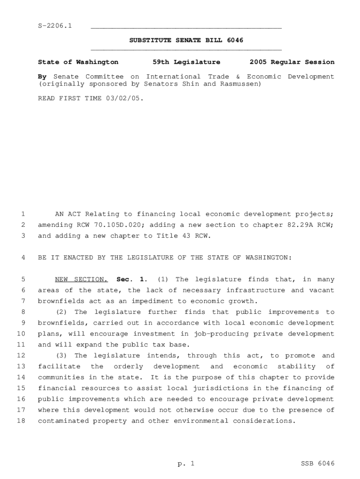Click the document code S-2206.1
[x=55, y=25]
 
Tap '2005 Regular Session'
[x=292, y=62]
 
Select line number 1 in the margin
[x=22, y=214]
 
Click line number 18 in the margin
[x=20, y=421]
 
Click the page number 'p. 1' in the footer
[x=186, y=464]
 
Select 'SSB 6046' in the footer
[x=317, y=464]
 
